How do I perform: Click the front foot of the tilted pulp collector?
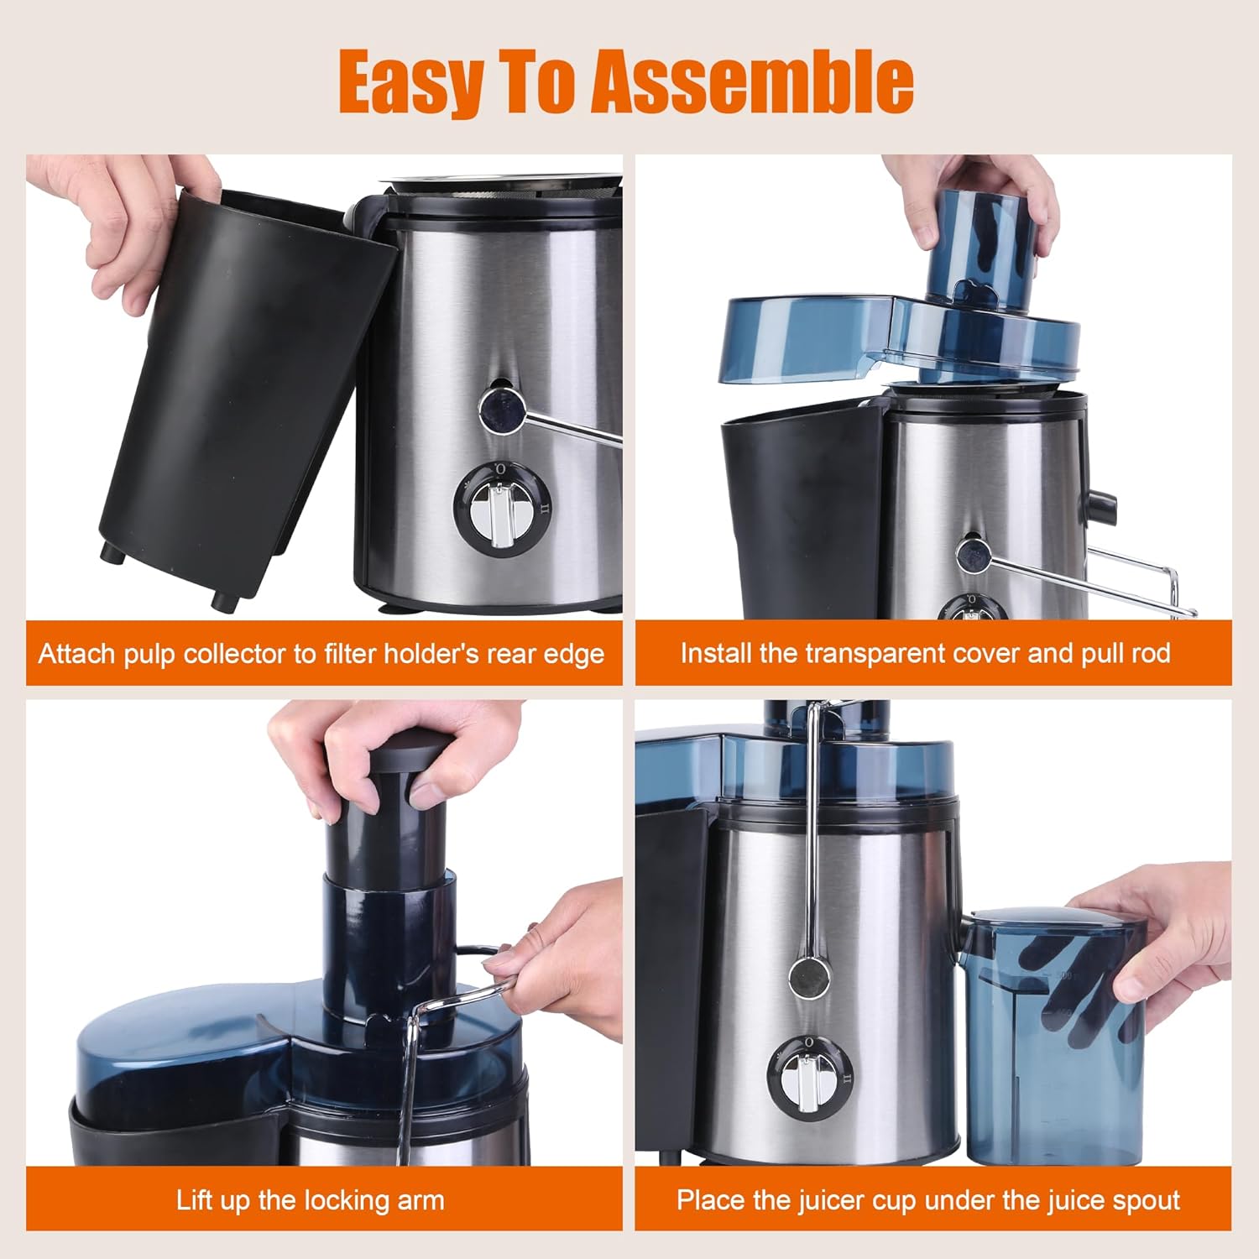pos(224,599)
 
